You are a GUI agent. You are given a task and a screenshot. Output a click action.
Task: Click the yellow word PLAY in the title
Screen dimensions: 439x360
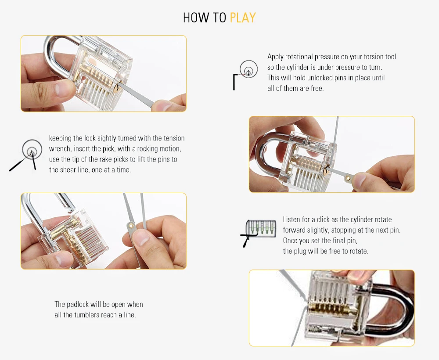(x=243, y=18)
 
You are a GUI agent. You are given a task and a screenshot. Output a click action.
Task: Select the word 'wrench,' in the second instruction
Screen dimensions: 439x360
(x=60, y=149)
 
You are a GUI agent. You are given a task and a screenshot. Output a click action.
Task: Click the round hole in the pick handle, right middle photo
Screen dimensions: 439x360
(x=347, y=178)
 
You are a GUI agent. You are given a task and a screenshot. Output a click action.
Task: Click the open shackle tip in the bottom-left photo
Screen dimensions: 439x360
(x=71, y=209)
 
